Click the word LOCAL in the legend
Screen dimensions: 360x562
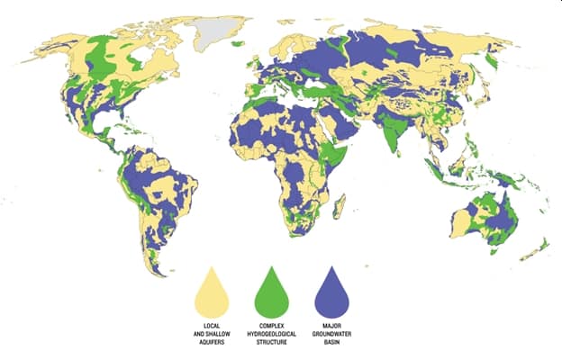point(213,324)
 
